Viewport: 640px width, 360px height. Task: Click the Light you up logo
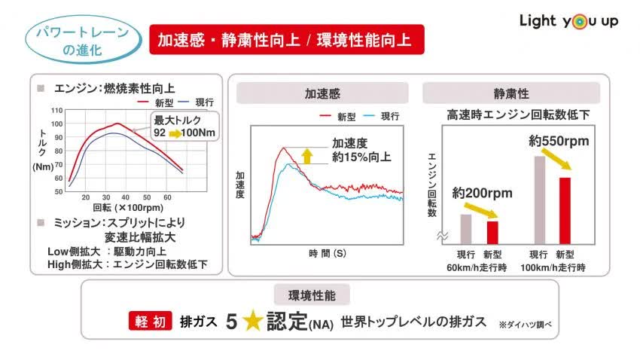568,20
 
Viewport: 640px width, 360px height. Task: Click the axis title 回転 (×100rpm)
127,207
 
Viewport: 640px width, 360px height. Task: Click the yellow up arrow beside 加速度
306,155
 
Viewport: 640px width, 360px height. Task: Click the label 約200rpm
482,193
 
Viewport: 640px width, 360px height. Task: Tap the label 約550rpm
558,141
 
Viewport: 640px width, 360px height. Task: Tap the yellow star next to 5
251,321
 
